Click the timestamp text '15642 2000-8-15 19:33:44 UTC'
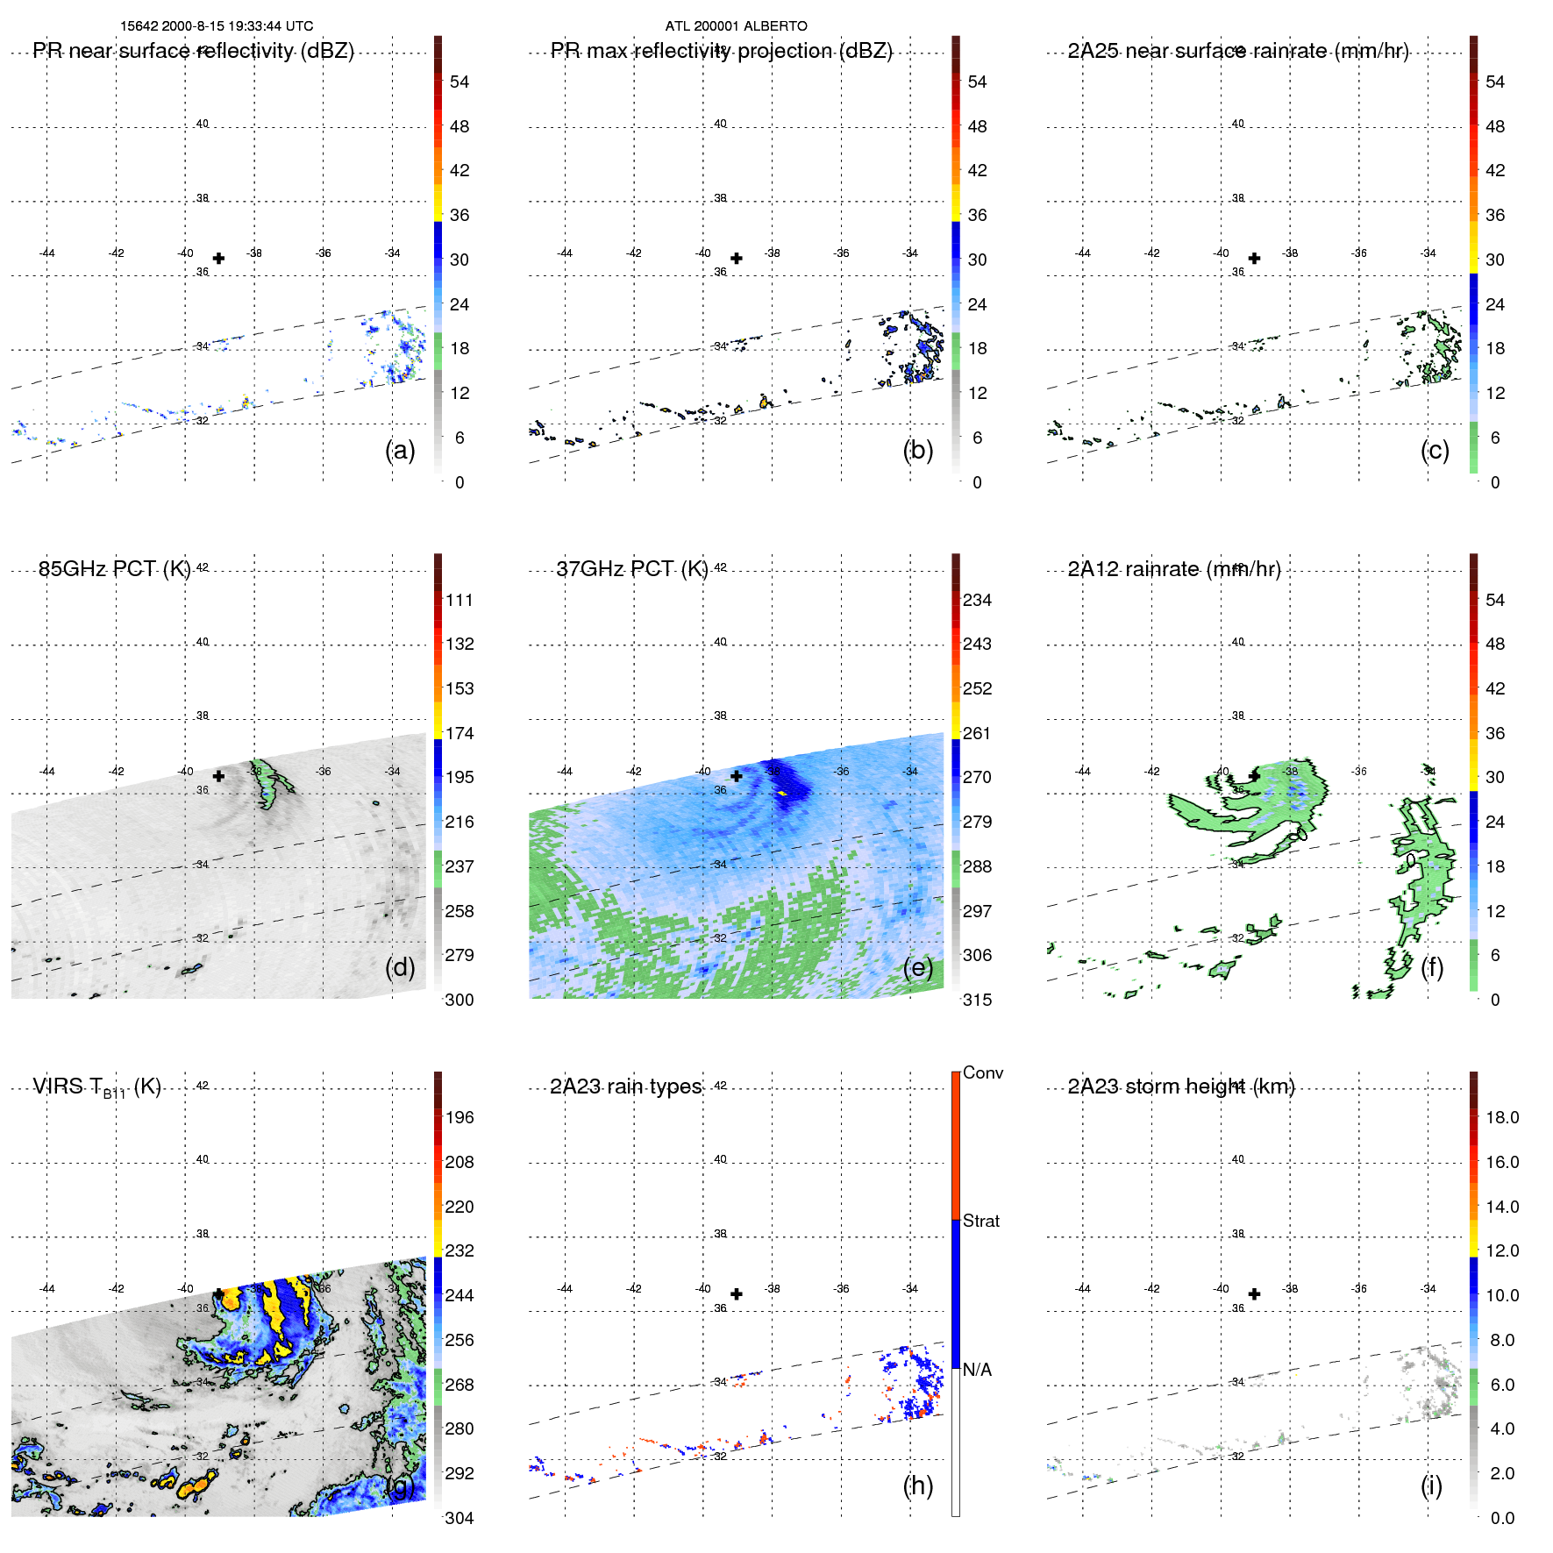217,26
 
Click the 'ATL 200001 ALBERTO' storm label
736,26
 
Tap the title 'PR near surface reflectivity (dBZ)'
194,51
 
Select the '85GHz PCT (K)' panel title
114,569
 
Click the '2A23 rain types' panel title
625,1086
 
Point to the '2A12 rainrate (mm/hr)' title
1174,569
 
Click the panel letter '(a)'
400,450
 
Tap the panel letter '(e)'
918,967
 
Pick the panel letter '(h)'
918,1485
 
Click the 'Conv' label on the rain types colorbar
983,1072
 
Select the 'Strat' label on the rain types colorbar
981,1221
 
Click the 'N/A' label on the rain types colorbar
977,1370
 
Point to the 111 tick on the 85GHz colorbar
459,600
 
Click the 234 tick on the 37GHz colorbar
977,600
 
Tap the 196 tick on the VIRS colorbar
459,1117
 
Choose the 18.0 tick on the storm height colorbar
1502,1117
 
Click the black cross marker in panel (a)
218,259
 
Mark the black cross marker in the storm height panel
1254,1294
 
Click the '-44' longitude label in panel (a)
46,253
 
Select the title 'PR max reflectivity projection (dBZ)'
721,51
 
